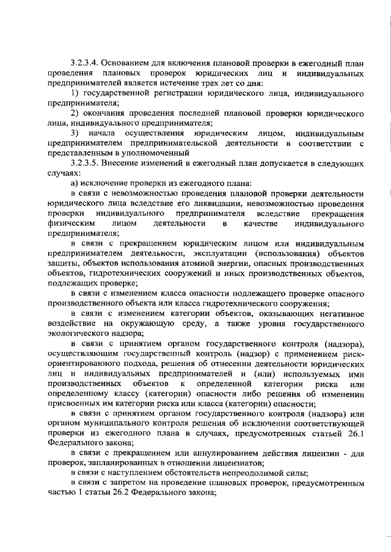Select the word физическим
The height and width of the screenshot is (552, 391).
point(68,224)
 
